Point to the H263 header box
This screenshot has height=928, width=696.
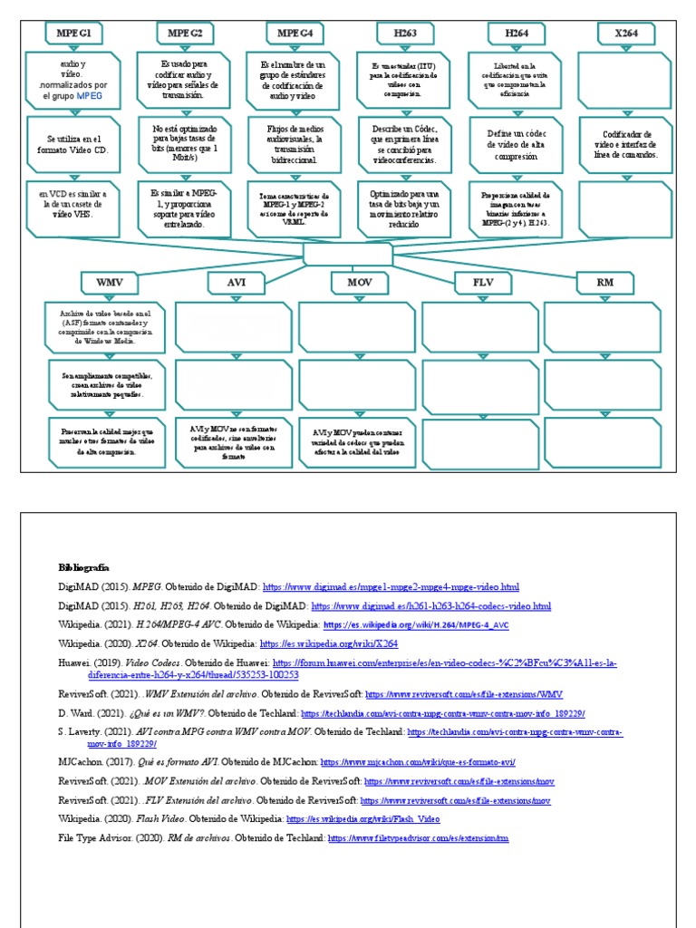click(x=405, y=34)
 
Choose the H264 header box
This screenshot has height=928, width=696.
click(x=516, y=34)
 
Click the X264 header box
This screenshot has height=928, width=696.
click(x=626, y=34)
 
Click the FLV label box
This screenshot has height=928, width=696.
click(x=482, y=283)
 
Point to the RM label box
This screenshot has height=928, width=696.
click(x=604, y=283)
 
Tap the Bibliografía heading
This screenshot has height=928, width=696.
click(x=83, y=565)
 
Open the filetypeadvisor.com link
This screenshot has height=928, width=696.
click(x=418, y=839)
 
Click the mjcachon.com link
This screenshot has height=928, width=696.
click(x=424, y=761)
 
